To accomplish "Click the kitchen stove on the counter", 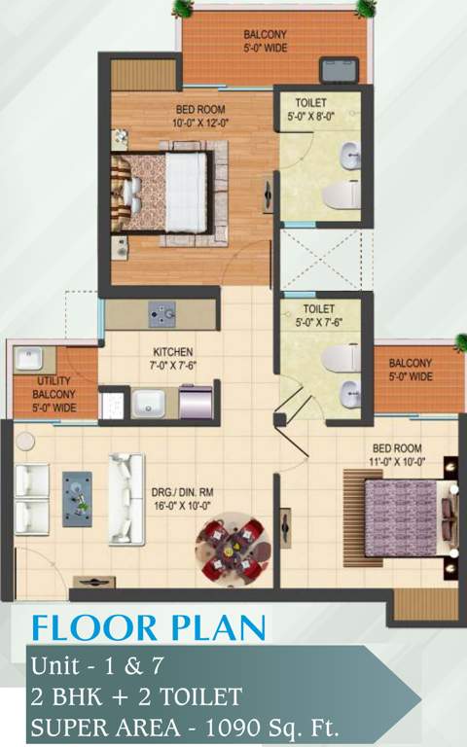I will (162, 314).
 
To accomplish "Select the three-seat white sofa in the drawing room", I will (126, 498).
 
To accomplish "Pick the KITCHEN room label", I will (173, 351).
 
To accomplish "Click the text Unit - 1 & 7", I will (96, 666).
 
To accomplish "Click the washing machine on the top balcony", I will (340, 70).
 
